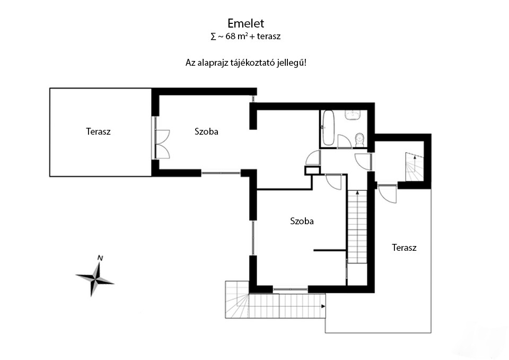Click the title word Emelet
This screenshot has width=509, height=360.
point(245,23)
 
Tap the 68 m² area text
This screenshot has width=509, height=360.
point(235,36)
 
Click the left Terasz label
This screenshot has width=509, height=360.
point(98,131)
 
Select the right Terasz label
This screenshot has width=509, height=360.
point(404,248)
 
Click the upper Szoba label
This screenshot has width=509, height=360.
point(206,131)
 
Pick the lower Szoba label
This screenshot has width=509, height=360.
point(302,221)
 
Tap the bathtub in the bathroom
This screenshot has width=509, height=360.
point(328,128)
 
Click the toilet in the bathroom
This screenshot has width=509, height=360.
point(360,140)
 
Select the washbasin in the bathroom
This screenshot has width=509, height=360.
point(353,115)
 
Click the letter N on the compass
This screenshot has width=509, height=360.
point(100,258)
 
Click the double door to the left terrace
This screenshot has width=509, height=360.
point(162,144)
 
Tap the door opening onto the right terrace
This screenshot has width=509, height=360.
point(387,194)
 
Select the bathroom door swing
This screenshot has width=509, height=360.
point(344,141)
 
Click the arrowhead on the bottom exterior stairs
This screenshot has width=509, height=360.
point(323,306)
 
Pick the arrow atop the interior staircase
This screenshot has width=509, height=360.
point(357,192)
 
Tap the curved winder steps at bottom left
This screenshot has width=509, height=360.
point(237,300)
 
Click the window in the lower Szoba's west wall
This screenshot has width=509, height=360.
point(253,238)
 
